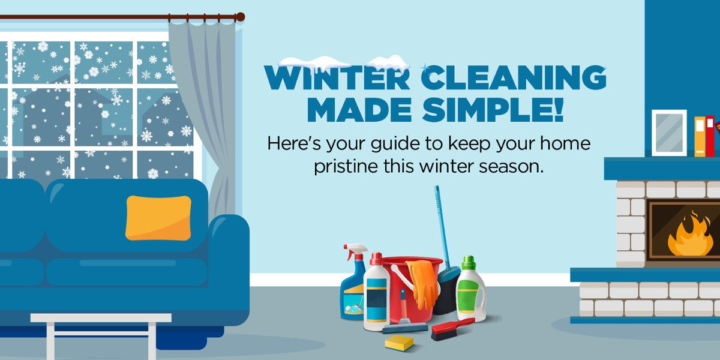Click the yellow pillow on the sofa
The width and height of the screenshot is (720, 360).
(x=158, y=217)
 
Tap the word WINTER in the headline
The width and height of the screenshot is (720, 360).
(x=338, y=79)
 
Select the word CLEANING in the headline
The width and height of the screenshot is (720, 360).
(x=513, y=79)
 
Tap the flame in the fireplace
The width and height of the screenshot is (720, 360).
(x=690, y=236)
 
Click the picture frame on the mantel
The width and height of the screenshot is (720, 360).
(x=668, y=133)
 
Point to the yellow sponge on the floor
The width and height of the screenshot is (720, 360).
(x=399, y=343)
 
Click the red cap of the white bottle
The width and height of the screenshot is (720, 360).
(x=376, y=259)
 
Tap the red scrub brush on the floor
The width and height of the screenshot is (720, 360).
(x=452, y=329)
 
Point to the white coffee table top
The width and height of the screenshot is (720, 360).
(x=101, y=318)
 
